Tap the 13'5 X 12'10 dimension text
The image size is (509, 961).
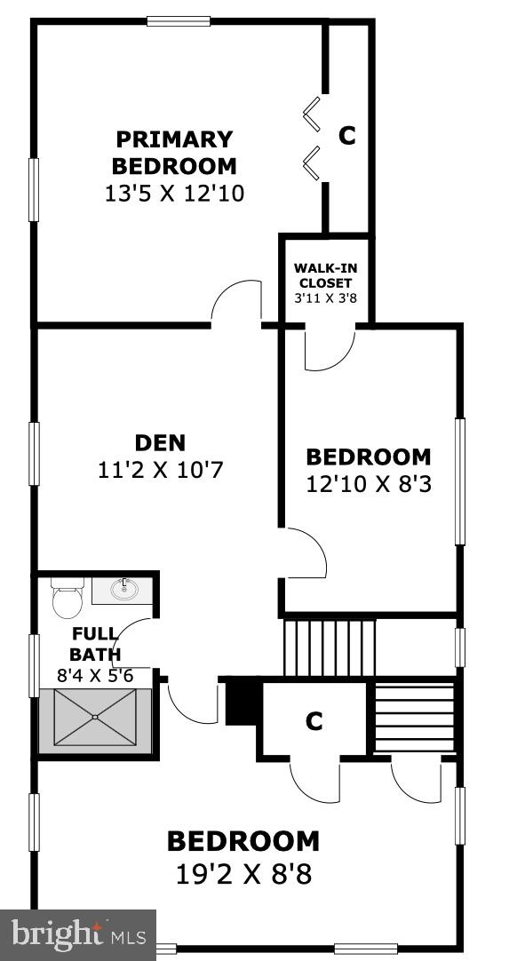(174, 193)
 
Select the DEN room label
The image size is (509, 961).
(160, 442)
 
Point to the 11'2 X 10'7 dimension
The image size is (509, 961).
(160, 470)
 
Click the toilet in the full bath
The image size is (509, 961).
(67, 599)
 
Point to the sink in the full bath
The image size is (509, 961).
(124, 588)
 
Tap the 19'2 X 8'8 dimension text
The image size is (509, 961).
(243, 874)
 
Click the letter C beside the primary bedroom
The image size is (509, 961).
(347, 136)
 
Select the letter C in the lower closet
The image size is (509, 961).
(314, 722)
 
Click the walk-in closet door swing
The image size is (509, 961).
(330, 350)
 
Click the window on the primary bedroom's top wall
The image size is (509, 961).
(179, 21)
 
